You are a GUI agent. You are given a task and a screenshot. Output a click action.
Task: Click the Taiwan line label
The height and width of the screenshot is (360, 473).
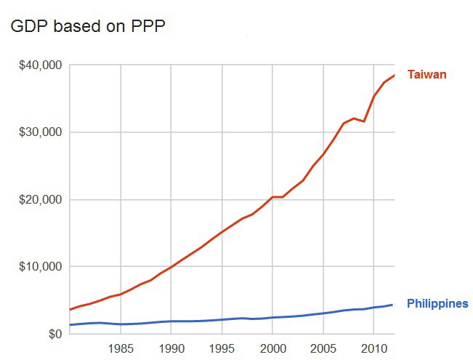point(426,75)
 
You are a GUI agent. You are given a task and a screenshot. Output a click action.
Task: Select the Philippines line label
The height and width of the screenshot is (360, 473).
point(437,304)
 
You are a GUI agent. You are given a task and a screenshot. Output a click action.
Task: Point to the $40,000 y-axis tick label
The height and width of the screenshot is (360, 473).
point(40,65)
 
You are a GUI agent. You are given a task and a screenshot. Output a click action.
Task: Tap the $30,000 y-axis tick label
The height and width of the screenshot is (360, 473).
point(40,132)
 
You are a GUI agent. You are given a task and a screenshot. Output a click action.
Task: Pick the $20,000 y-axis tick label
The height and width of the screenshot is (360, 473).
point(40,200)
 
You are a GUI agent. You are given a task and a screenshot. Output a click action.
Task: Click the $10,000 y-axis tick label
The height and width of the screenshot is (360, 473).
point(40,267)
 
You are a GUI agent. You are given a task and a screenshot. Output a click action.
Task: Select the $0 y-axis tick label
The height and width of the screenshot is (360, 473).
point(53,335)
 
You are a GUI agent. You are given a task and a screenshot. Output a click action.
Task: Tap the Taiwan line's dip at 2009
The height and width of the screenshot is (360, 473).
point(364,121)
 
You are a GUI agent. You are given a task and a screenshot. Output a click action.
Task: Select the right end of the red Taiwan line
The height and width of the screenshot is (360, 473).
point(394,76)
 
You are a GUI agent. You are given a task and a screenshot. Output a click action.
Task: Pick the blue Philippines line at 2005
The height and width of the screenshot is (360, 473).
point(323,313)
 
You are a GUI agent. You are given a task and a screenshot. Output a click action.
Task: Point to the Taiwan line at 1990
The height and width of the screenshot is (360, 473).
point(171,268)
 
